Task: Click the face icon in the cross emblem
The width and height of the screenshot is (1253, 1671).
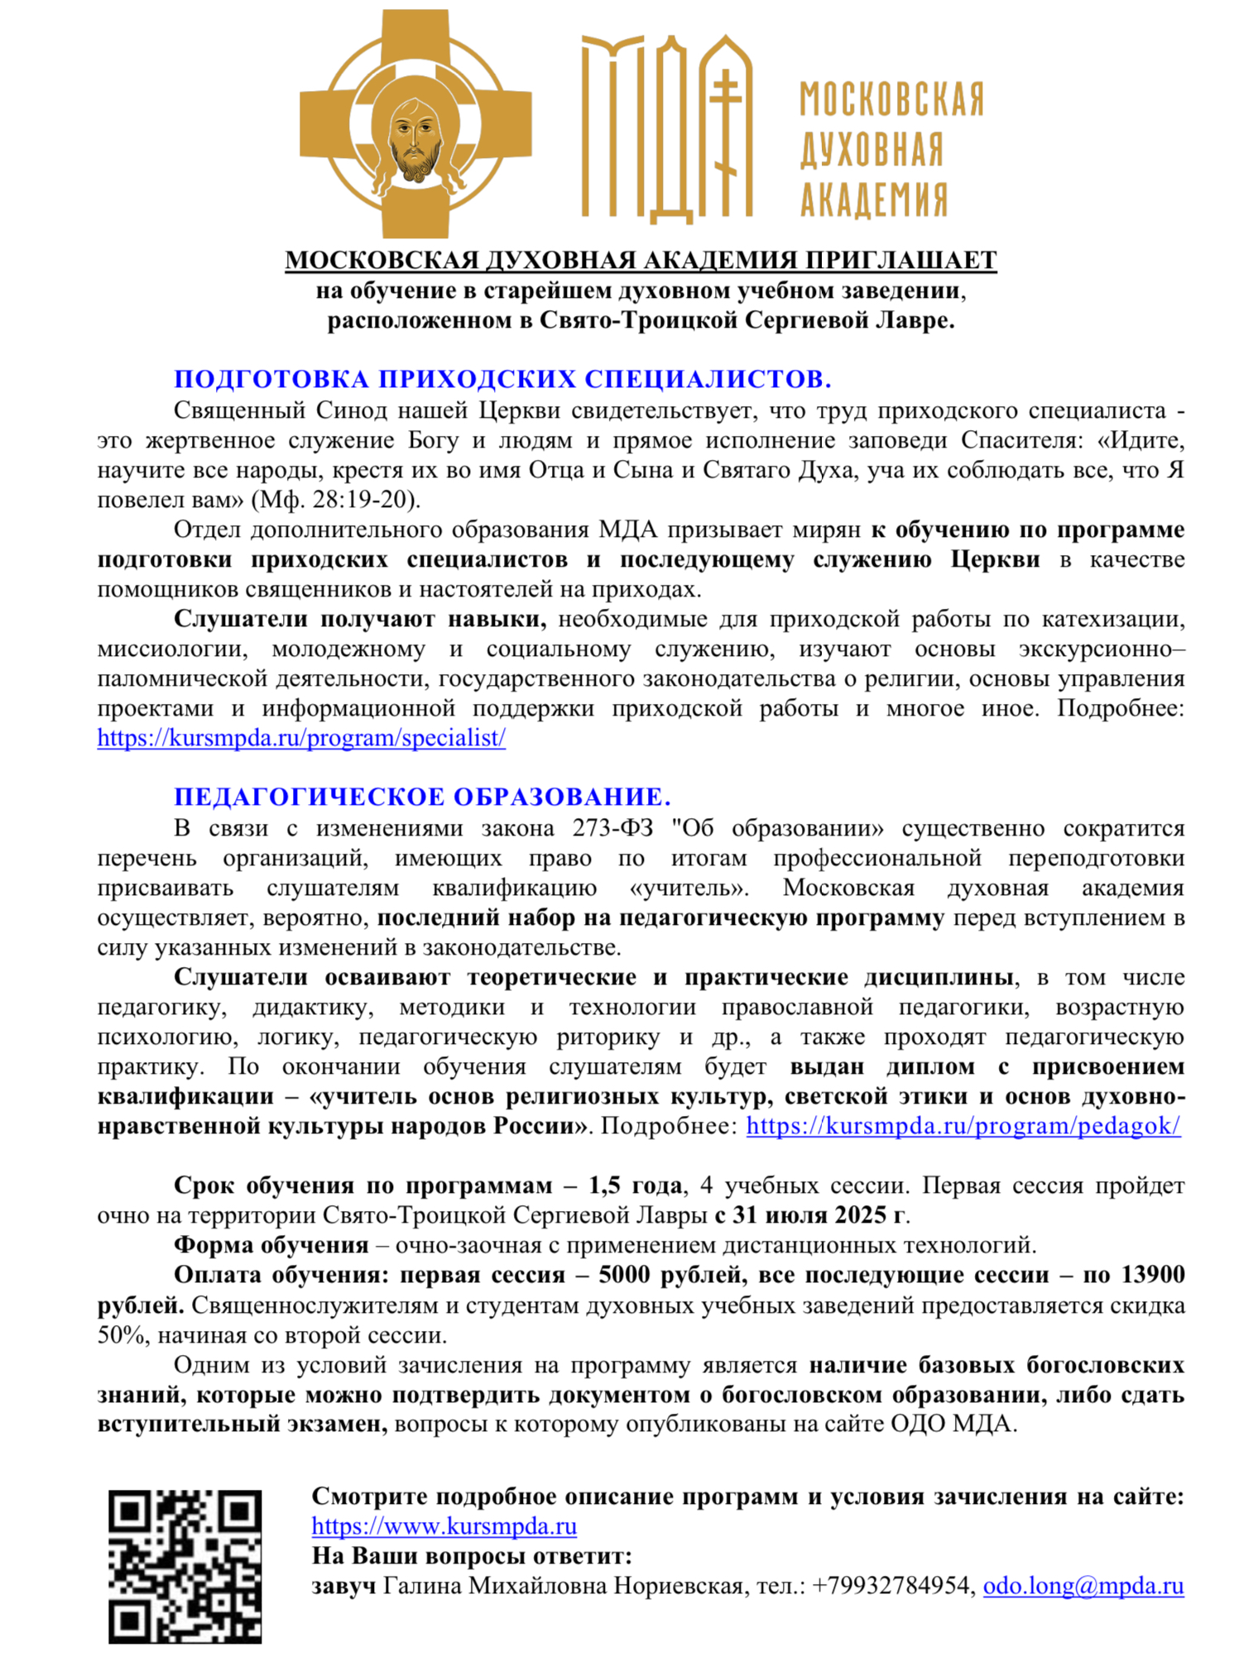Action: point(415,136)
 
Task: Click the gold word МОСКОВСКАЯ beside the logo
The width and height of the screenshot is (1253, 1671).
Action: point(891,99)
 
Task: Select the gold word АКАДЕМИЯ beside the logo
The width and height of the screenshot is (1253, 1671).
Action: point(873,199)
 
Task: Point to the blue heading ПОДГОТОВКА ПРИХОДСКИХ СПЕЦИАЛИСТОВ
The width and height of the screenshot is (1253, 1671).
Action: point(502,379)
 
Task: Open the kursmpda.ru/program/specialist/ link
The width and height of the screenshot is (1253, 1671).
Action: point(301,738)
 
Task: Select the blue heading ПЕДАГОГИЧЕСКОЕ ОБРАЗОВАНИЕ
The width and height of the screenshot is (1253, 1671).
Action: point(422,797)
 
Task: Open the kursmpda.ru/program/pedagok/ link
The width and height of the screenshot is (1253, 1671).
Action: point(963,1126)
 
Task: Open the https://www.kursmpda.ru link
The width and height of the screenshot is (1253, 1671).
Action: point(444,1526)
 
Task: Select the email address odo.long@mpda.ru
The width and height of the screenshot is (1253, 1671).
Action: point(1083,1586)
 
